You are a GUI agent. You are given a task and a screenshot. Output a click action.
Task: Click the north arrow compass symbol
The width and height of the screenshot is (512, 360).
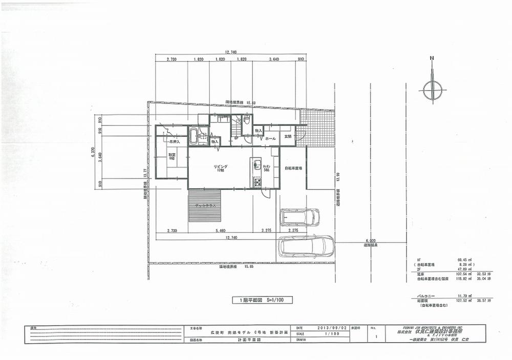pos(432,90)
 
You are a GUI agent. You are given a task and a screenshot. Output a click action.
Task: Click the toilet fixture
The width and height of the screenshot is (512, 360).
pos(246,121)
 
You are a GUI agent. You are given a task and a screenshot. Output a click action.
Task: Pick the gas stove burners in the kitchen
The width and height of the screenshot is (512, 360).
pos(257,182)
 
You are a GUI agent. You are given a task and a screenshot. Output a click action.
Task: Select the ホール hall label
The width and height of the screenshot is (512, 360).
pos(270,138)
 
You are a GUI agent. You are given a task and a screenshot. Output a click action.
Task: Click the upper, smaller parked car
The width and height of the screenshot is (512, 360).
pos(300,217)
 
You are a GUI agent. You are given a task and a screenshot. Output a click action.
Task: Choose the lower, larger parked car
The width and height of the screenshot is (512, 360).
pos(306,246)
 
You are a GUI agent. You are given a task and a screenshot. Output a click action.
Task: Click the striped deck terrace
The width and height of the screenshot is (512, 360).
pos(204,205)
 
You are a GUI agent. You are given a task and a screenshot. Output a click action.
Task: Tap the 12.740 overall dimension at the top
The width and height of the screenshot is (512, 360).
pos(230,52)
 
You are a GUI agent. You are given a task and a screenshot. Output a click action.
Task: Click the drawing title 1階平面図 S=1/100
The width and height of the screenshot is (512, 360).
pos(262,300)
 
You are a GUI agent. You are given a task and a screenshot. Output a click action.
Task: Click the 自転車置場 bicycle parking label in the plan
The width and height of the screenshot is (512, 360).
pos(293,168)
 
